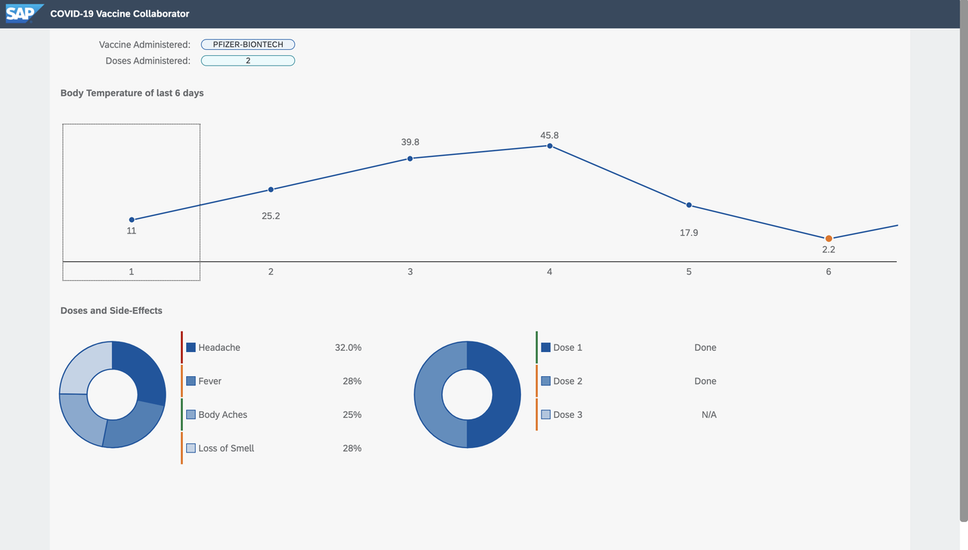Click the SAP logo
pyautogui.click(x=25, y=14)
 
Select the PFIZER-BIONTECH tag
pyautogui.click(x=248, y=45)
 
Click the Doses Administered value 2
pyautogui.click(x=248, y=60)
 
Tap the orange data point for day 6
pyautogui.click(x=828, y=239)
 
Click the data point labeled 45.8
pyautogui.click(x=550, y=146)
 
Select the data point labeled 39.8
pyautogui.click(x=410, y=159)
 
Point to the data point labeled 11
pyautogui.click(x=132, y=220)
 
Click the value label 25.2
pyautogui.click(x=271, y=216)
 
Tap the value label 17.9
pyautogui.click(x=689, y=233)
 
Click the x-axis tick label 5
pyautogui.click(x=689, y=271)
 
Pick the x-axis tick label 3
pyautogui.click(x=410, y=271)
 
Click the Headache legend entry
pyautogui.click(x=219, y=348)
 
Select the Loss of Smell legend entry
pyautogui.click(x=225, y=448)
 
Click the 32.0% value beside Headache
pyautogui.click(x=348, y=348)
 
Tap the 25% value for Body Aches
pyautogui.click(x=352, y=415)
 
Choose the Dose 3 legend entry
pyautogui.click(x=567, y=415)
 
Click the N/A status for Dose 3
pyautogui.click(x=709, y=415)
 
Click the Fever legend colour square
pyautogui.click(x=191, y=382)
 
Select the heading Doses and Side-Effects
pyautogui.click(x=111, y=311)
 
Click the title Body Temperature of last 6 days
pyautogui.click(x=132, y=93)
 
